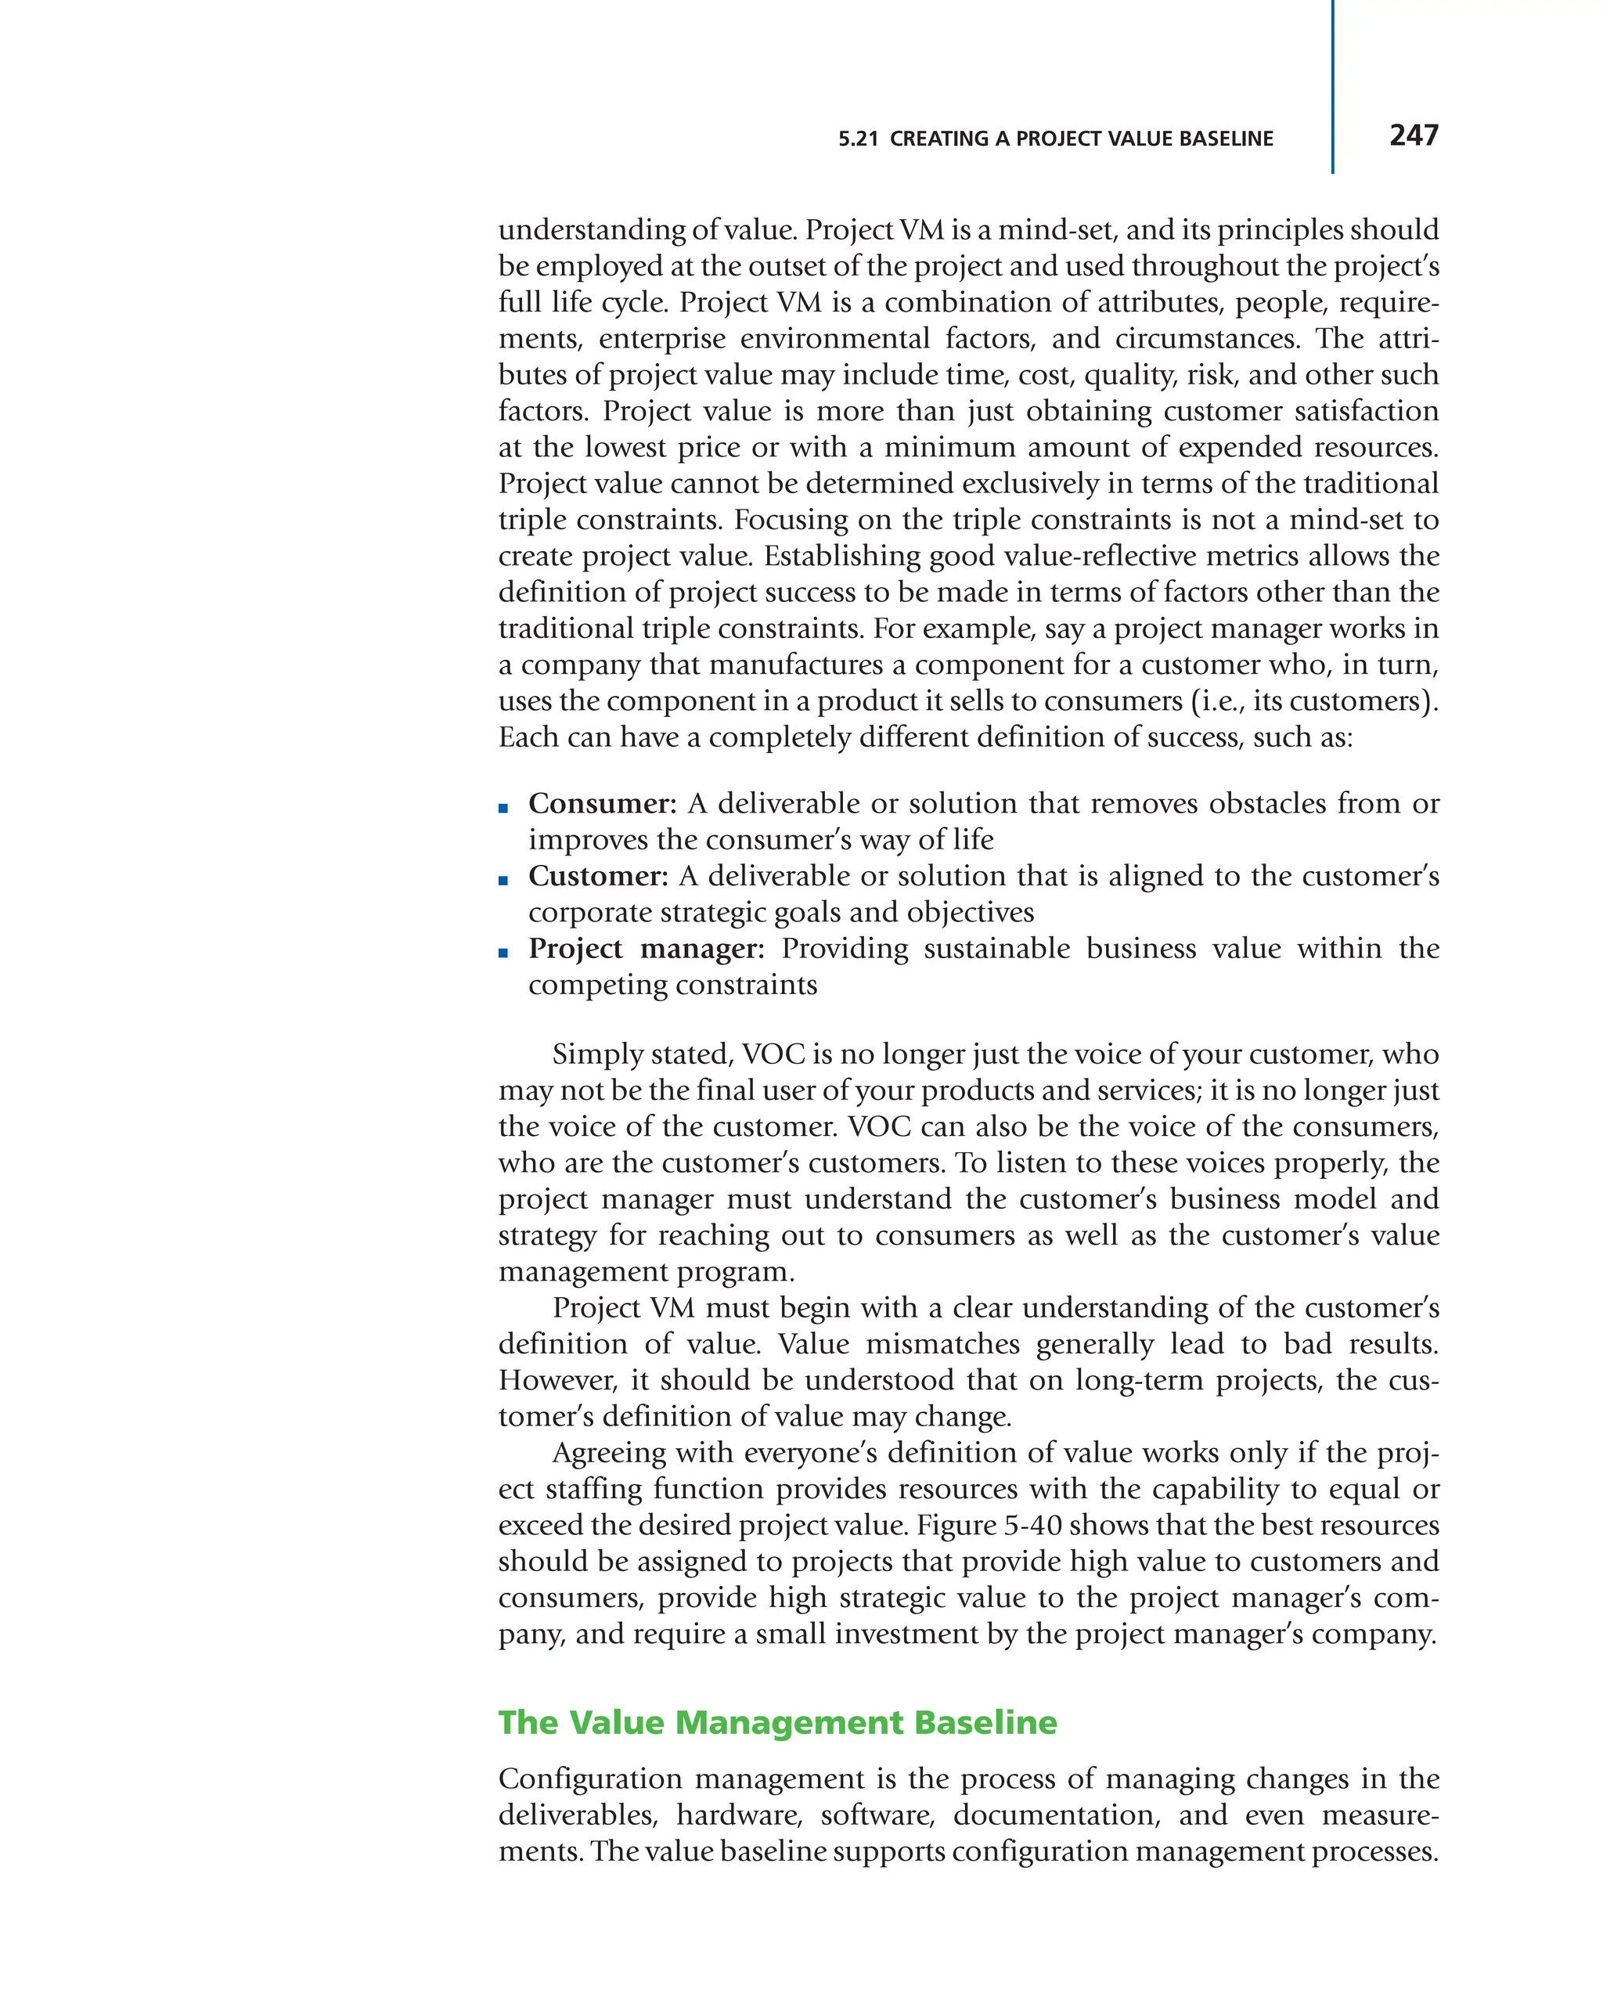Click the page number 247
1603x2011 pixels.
1413,135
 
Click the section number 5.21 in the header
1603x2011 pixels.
857,139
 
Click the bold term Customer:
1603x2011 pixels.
598,876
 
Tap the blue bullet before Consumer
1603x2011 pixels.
503,808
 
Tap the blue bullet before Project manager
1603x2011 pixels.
503,953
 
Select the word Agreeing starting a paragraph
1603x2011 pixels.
609,1453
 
